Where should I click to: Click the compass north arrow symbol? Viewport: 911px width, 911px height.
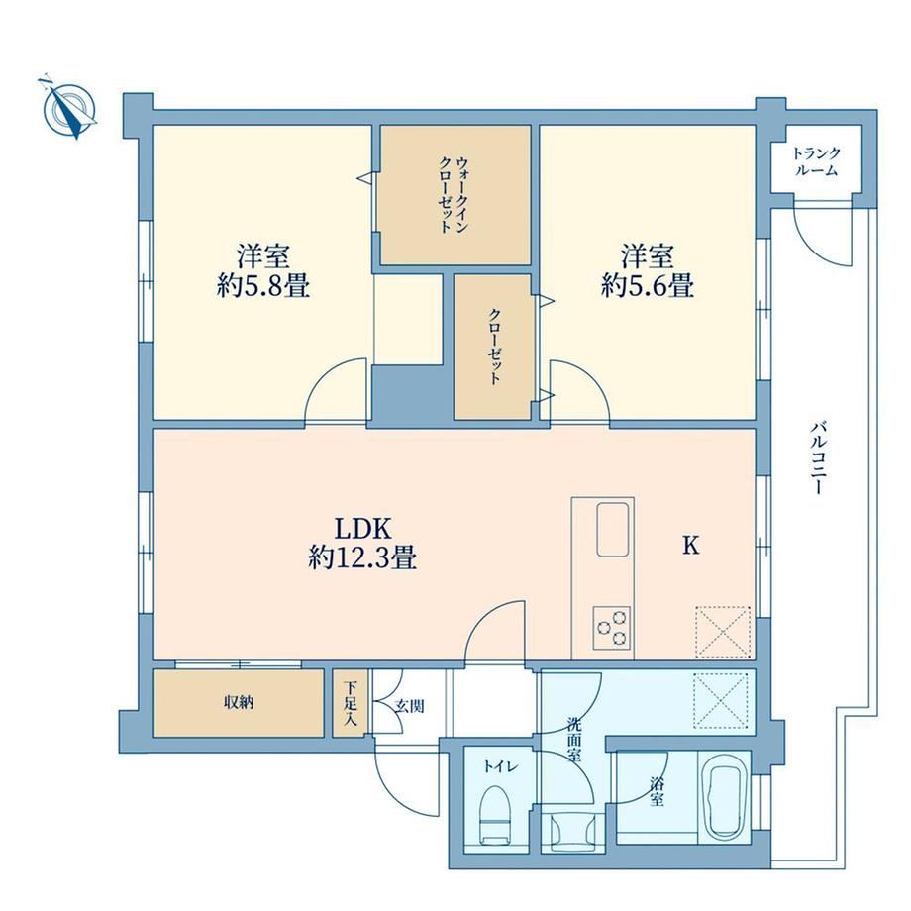click(x=69, y=109)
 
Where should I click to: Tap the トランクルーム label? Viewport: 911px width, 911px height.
click(x=816, y=161)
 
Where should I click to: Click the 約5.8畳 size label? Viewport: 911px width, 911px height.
click(x=263, y=286)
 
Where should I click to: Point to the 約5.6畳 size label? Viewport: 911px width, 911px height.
click(x=648, y=286)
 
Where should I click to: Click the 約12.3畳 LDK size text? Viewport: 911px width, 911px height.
click(x=362, y=557)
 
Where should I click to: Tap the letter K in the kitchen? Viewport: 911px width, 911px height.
click(x=690, y=546)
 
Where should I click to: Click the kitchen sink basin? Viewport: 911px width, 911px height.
click(x=612, y=530)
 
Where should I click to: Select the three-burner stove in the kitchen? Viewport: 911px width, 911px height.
click(x=612, y=628)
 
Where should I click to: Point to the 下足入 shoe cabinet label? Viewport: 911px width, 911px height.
click(x=350, y=703)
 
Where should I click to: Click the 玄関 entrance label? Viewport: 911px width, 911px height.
click(x=410, y=706)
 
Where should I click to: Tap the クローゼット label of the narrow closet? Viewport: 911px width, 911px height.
click(x=494, y=347)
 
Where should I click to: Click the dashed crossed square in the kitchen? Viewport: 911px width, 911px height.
click(x=723, y=632)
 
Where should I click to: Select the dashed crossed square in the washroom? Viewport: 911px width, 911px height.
click(x=721, y=701)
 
